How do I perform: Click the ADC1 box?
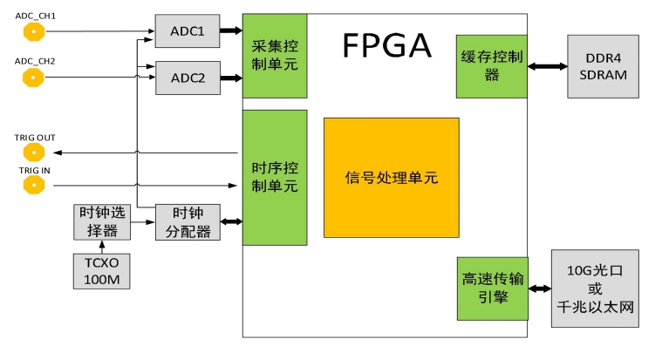188,31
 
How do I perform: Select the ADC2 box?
188,78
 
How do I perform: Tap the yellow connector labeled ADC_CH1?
33,32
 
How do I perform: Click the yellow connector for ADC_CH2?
33,78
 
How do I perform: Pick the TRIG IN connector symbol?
33,185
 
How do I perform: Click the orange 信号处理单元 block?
391,178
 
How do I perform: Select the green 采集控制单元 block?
274,56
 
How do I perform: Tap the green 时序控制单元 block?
274,177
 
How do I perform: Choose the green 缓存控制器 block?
491,66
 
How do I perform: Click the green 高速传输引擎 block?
491,289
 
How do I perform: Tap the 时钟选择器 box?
101,221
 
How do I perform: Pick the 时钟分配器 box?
188,221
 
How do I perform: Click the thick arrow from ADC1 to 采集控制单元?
230,31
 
